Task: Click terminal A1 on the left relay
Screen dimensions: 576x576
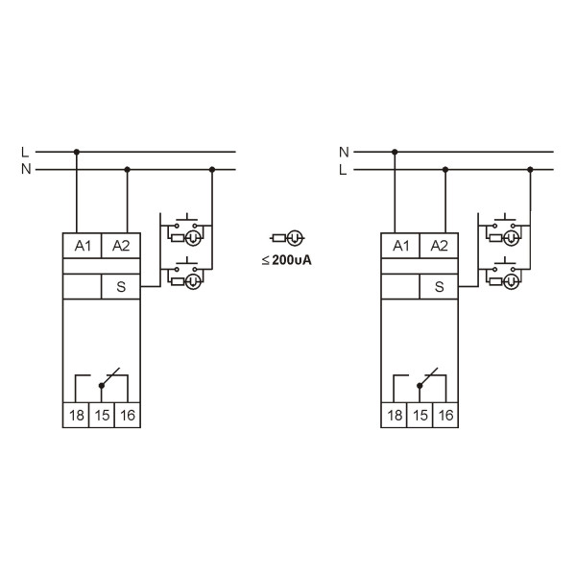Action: coord(82,246)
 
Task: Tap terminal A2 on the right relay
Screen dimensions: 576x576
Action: coord(439,246)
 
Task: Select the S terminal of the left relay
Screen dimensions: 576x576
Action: coord(121,286)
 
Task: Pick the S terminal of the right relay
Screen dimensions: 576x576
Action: coord(439,286)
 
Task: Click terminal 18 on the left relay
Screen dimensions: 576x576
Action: coord(76,415)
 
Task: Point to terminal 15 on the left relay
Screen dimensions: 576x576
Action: coord(102,415)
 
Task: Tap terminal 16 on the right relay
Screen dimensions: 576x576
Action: coord(445,415)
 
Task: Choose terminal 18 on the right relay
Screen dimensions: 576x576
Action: coord(395,415)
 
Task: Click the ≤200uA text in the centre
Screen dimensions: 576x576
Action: coord(287,260)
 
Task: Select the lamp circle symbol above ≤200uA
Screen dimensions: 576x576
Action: coord(295,238)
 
